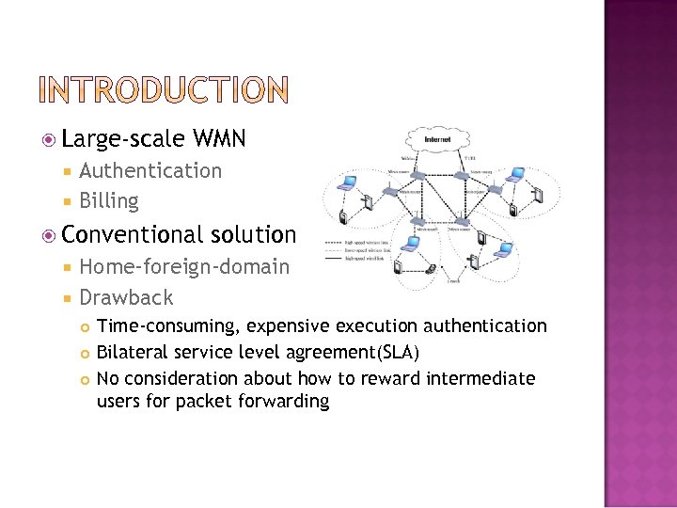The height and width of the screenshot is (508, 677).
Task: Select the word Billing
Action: click(109, 201)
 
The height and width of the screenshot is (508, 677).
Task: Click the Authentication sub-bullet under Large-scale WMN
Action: click(150, 171)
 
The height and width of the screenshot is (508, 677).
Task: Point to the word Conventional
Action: click(134, 234)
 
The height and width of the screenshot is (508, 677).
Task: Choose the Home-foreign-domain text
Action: click(184, 267)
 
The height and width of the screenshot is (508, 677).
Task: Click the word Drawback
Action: click(126, 298)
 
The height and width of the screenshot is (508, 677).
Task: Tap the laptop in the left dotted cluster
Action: click(344, 185)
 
